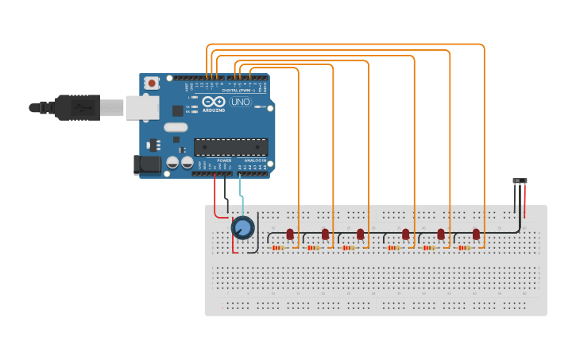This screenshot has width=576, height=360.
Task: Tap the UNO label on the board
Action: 240,102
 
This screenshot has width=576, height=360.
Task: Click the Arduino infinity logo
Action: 213,102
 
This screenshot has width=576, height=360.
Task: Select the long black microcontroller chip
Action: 230,147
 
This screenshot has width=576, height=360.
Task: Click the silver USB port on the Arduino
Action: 142,107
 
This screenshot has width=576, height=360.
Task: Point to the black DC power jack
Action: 146,165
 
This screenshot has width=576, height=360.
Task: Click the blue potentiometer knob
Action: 242,228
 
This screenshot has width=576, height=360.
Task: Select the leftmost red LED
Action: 290,234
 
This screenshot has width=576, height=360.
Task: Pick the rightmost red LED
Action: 476,234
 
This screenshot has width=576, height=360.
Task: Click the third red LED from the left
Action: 360,234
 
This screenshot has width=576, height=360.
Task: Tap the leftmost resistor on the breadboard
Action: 278,248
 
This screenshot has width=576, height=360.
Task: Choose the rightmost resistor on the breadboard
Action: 464,248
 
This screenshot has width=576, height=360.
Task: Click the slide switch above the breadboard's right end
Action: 520,182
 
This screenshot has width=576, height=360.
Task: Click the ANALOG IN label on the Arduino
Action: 256,161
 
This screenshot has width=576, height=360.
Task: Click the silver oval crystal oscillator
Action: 176,127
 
